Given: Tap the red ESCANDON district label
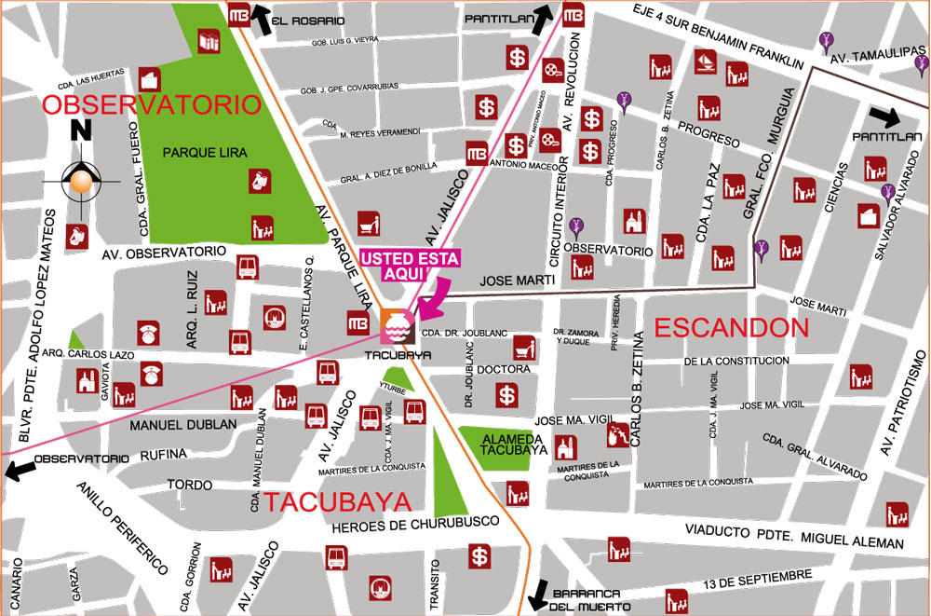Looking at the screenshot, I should pos(731,327).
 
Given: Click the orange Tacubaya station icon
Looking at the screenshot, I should pos(394,325).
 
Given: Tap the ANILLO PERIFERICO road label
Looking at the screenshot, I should pos(122,527).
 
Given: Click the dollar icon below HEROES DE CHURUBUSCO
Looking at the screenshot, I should pos(479,557).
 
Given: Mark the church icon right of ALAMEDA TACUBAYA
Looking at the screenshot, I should pos(564,447).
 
